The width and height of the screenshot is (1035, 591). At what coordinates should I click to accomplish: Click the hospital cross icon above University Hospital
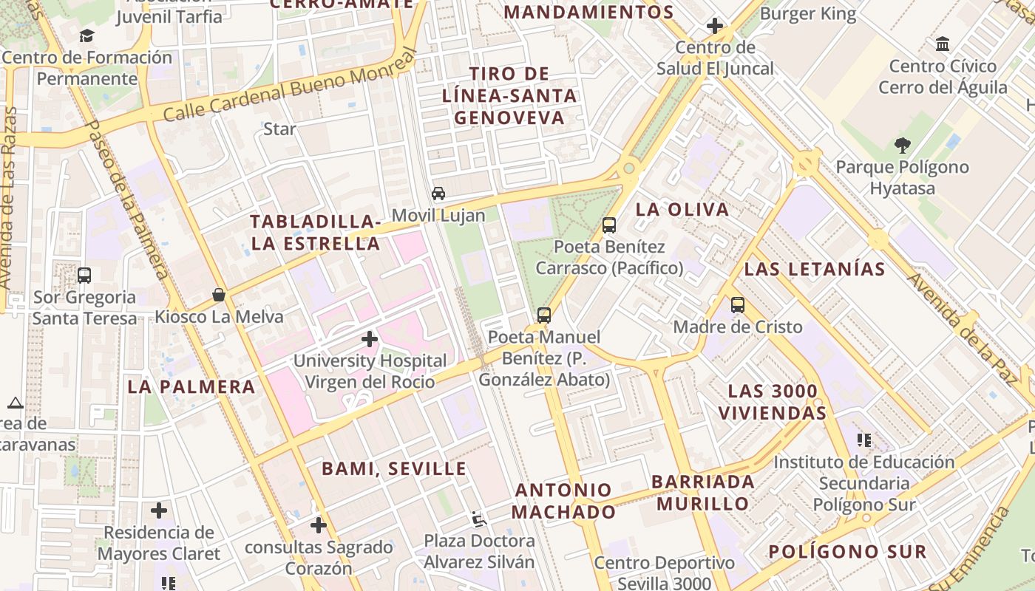[x=370, y=339]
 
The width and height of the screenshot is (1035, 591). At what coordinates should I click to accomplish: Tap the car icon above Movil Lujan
[x=438, y=194]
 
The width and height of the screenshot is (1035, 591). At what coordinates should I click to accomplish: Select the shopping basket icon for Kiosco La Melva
[x=219, y=295]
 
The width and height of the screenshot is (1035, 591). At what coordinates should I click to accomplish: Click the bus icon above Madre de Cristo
[x=737, y=304]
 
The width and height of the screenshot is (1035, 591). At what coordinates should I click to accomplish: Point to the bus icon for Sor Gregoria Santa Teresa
[x=84, y=276]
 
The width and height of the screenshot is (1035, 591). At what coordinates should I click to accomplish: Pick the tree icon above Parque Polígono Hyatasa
[x=902, y=145]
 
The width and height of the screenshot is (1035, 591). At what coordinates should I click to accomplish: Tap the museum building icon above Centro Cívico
[x=943, y=44]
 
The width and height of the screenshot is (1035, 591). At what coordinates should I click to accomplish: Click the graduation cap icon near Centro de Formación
[x=86, y=35]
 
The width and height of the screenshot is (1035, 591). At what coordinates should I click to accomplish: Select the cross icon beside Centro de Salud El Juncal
[x=714, y=27]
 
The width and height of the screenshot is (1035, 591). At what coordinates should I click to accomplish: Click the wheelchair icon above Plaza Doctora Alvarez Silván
[x=479, y=519]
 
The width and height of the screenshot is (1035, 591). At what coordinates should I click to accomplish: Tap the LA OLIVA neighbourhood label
[x=682, y=209]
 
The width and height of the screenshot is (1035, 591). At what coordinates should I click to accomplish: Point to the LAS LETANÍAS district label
[x=814, y=269]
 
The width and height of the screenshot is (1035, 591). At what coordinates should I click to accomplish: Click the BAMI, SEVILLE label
[x=394, y=468]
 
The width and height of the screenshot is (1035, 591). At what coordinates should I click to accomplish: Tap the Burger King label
[x=807, y=13]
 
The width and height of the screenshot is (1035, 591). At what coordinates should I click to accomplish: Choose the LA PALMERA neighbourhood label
[x=191, y=386]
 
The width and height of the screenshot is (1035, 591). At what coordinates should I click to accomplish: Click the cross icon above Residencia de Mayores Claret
[x=158, y=510]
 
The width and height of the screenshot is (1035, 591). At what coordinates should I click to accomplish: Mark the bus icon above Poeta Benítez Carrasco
[x=609, y=225]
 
